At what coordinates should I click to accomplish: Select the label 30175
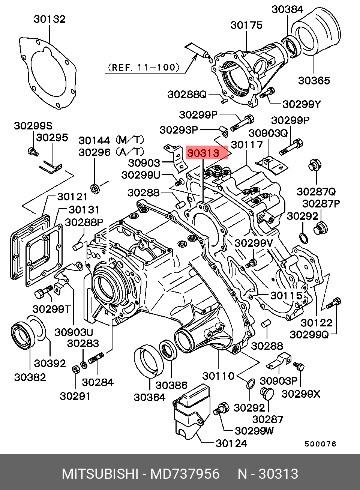(246, 25)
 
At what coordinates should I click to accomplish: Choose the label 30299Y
(301, 104)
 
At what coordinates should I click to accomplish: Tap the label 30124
(231, 443)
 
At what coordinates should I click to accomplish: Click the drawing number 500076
(320, 444)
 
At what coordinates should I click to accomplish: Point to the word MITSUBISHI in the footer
(99, 474)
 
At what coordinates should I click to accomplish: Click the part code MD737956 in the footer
(185, 474)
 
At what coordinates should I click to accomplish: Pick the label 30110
(218, 376)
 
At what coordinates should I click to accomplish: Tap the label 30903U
(73, 332)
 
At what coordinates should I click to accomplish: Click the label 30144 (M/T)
(111, 140)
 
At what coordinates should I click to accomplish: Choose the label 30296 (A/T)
(111, 152)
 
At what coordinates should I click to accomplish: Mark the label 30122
(316, 323)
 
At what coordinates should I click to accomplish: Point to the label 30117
(246, 144)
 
